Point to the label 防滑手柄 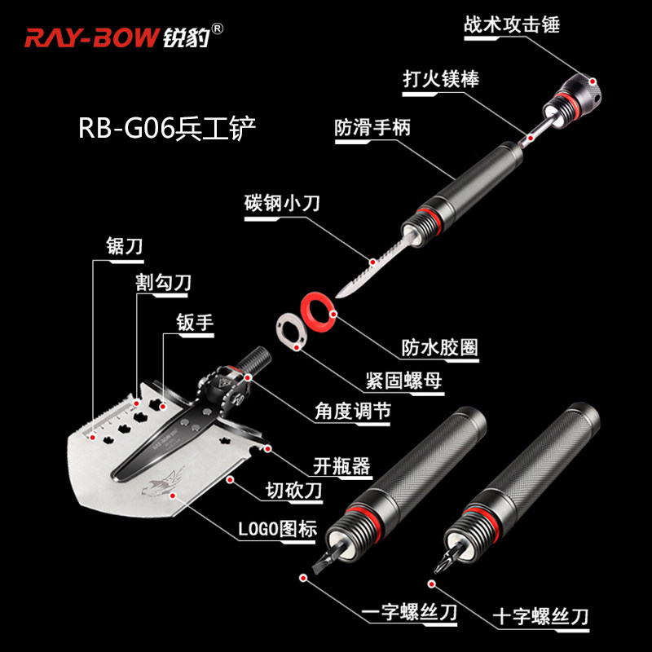(x=372, y=128)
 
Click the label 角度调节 (x=352, y=412)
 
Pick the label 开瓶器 (x=341, y=465)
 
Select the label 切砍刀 (x=292, y=491)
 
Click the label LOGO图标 (x=277, y=528)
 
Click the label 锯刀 (x=124, y=246)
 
